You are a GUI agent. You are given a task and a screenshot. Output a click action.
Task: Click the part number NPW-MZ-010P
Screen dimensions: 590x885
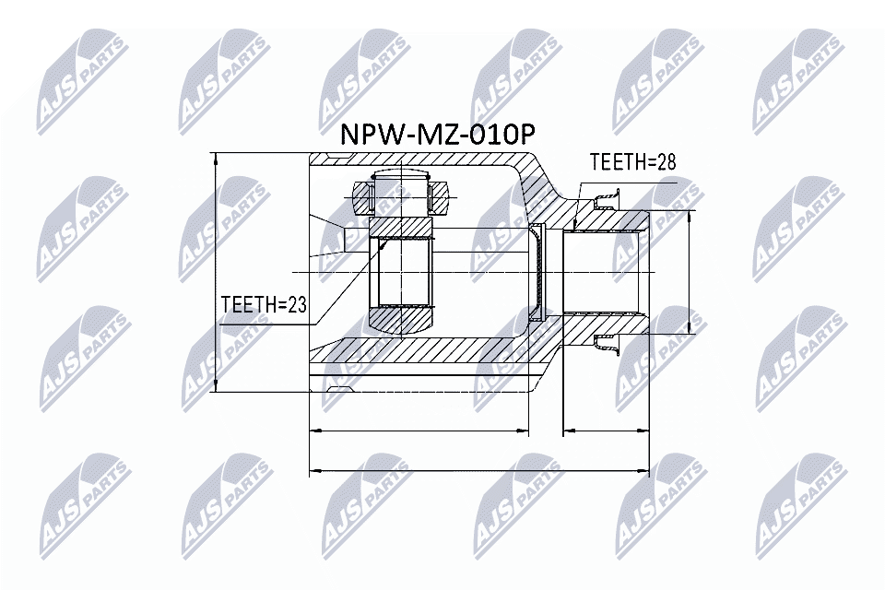coord(437,135)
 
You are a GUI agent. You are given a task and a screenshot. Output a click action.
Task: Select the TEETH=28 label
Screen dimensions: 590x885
coord(632,162)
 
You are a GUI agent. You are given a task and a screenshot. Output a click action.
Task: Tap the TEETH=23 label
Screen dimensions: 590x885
coord(263,304)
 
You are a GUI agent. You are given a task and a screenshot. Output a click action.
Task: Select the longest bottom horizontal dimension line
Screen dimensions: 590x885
coord(479,470)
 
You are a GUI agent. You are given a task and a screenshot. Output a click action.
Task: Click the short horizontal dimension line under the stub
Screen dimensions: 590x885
coord(606,430)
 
